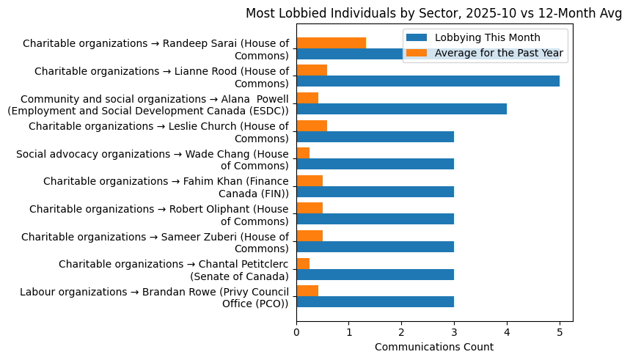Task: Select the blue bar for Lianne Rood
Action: coord(428,81)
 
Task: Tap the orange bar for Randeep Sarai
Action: coord(331,43)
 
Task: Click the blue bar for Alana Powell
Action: coord(401,109)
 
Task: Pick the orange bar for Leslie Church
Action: coord(312,125)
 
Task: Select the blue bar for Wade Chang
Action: coord(375,164)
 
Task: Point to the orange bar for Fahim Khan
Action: coord(309,181)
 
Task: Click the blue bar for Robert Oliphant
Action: coord(375,219)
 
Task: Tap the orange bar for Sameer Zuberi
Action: coord(309,236)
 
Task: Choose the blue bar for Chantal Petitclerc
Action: coord(375,274)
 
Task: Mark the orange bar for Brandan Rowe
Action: coord(307,291)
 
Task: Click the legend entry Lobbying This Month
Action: coord(487,38)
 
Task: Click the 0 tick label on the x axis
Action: coord(296,331)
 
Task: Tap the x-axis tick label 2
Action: coord(401,331)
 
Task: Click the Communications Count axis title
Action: coord(433,347)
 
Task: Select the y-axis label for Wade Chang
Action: coord(153,159)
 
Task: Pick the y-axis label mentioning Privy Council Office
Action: coord(154,297)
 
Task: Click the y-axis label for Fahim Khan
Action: coord(166,187)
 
